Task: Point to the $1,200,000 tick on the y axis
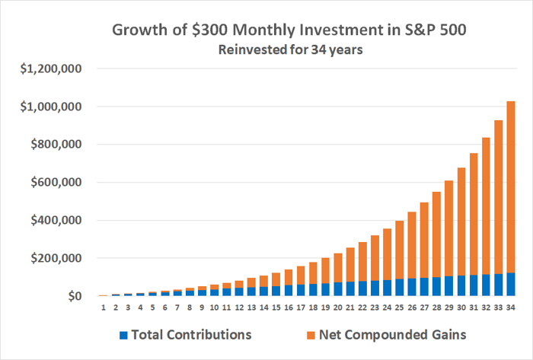50,69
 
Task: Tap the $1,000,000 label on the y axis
50,107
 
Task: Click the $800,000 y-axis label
56,145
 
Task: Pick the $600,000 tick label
56,183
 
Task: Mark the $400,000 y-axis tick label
56,221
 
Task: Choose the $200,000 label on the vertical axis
56,258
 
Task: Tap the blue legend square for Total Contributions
123,334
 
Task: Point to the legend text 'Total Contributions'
190,334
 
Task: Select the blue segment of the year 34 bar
511,284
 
